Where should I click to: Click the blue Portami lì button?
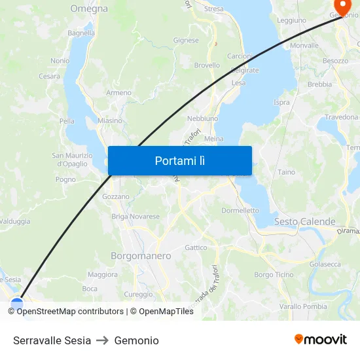pyautogui.click(x=179, y=160)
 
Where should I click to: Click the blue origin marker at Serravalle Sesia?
pyautogui.click(x=17, y=304)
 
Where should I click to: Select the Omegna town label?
pyautogui.click(x=89, y=9)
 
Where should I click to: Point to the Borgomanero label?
pyautogui.click(x=141, y=256)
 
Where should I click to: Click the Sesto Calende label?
pyautogui.click(x=304, y=222)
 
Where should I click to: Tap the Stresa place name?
pyautogui.click(x=213, y=9)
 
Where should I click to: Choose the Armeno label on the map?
pyautogui.click(x=119, y=93)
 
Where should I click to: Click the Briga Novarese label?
pyautogui.click(x=135, y=217)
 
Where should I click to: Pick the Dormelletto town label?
pyautogui.click(x=240, y=211)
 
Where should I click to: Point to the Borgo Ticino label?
pyautogui.click(x=274, y=275)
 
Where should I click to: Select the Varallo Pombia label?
pyautogui.click(x=303, y=306)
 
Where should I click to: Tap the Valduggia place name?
pyautogui.click(x=15, y=221)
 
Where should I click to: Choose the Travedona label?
pyautogui.click(x=342, y=117)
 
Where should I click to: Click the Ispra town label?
pyautogui.click(x=281, y=102)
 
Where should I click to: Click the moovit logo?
pyautogui.click(x=321, y=339)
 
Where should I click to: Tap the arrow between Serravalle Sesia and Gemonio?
pyautogui.click(x=102, y=340)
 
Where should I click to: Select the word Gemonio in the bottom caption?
pyautogui.click(x=136, y=340)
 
